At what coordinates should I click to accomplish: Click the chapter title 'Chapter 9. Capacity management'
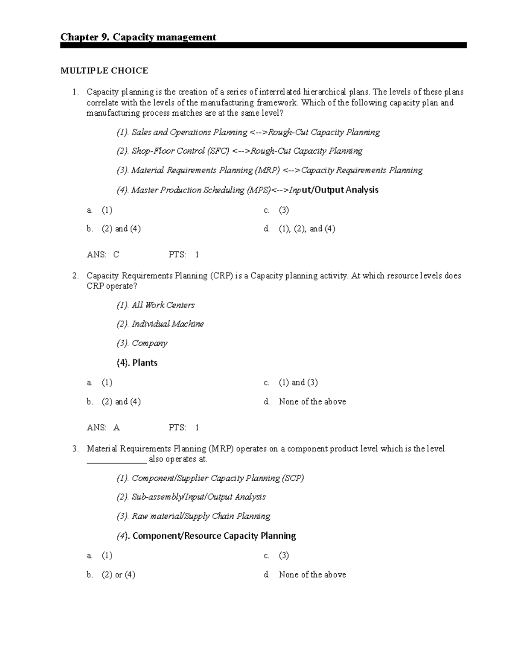138,37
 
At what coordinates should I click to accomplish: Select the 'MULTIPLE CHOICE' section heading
104,71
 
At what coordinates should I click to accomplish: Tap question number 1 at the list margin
75,92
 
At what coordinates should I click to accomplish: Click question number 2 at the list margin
75,276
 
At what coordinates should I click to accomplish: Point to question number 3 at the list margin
75,449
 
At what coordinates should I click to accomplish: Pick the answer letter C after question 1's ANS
116,255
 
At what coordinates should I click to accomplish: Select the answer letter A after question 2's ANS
116,428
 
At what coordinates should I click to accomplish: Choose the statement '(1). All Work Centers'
156,305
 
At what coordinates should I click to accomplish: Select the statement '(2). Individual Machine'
160,324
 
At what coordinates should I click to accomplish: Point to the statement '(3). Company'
142,343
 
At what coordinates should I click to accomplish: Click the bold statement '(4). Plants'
137,363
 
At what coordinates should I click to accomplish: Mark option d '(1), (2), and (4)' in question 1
307,229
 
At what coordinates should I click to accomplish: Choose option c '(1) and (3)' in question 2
298,383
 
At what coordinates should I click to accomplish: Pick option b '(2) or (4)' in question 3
118,575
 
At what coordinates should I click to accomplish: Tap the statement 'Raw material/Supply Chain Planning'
201,516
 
